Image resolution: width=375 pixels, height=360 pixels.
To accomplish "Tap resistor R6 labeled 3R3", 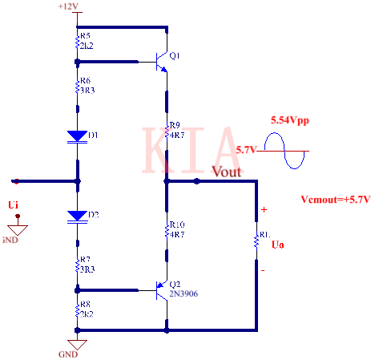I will point(77,87).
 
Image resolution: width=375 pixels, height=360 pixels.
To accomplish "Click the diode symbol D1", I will point(77,136).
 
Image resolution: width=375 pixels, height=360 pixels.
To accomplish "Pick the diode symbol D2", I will point(77,215).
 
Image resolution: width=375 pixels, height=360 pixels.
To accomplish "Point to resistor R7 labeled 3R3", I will point(77,265).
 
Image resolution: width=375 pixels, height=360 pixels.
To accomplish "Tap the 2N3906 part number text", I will point(183,293).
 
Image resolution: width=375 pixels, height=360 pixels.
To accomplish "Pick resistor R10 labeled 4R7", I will point(167,229).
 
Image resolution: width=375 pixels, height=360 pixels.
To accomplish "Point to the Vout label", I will point(226,172).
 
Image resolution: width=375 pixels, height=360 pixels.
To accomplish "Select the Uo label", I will point(277,243).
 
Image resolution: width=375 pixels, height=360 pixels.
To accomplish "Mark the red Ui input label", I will point(14,206).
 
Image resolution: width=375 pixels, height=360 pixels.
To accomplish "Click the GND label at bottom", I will point(68,353).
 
